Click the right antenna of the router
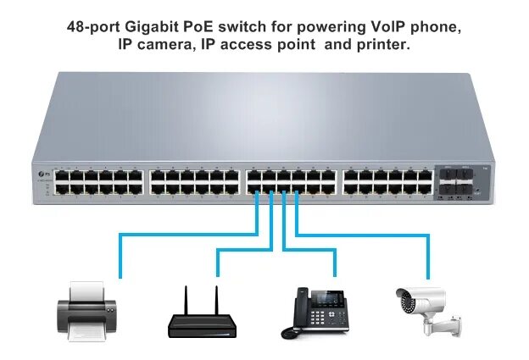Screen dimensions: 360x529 click(215, 299)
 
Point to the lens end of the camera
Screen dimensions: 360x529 click(401, 296)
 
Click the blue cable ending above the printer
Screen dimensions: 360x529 click(121, 273)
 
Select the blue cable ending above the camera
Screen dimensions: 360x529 click(428, 273)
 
